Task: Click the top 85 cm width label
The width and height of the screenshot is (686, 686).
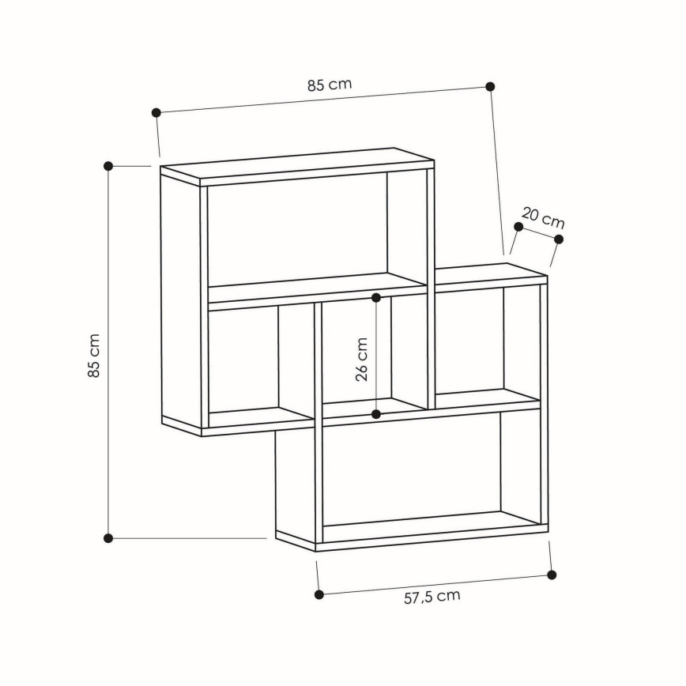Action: pyautogui.click(x=330, y=85)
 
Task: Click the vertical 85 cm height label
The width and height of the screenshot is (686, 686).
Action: pyautogui.click(x=94, y=356)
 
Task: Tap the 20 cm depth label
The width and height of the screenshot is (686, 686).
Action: pyautogui.click(x=543, y=218)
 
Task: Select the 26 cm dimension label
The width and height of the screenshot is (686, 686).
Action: pyautogui.click(x=361, y=359)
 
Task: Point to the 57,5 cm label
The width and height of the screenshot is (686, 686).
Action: pyautogui.click(x=432, y=597)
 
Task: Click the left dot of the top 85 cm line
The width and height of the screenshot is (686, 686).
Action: pyautogui.click(x=156, y=113)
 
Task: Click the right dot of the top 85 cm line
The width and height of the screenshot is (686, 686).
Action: pyautogui.click(x=490, y=87)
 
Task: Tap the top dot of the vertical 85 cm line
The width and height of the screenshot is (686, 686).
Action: pyautogui.click(x=108, y=166)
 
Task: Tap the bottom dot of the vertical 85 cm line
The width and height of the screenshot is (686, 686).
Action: pyautogui.click(x=108, y=538)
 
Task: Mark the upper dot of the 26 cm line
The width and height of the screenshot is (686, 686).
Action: pyautogui.click(x=376, y=298)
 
